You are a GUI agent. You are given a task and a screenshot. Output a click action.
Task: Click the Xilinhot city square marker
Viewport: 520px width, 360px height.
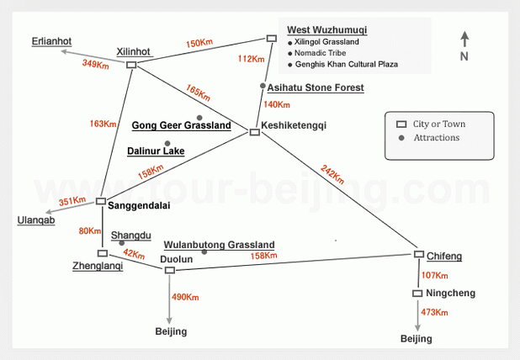click(131, 65)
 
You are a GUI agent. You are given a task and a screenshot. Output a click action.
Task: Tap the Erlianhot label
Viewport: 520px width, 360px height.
click(51, 41)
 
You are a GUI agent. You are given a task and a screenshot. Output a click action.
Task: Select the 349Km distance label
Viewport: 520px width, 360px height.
click(96, 64)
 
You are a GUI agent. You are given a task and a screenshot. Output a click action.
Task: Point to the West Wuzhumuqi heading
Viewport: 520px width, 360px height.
click(327, 29)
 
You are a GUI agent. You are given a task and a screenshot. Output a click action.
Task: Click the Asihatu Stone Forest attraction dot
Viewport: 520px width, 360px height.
click(263, 86)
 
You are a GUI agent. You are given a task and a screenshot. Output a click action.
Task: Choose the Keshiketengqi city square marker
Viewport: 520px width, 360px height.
click(255, 132)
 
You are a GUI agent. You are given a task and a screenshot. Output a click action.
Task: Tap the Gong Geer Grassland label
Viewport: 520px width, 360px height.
click(182, 125)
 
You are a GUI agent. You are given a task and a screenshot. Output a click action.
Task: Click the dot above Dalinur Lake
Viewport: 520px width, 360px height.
click(167, 144)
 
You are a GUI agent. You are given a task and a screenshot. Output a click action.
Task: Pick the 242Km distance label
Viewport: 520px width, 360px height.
click(332, 174)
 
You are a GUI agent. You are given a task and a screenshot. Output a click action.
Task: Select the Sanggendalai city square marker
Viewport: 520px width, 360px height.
click(101, 201)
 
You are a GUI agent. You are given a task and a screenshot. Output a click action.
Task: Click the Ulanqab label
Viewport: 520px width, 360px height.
click(36, 220)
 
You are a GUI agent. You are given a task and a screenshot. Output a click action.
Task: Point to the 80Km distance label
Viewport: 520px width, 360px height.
click(90, 230)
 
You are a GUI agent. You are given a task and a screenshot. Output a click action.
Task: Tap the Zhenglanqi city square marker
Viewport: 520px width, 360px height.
click(103, 253)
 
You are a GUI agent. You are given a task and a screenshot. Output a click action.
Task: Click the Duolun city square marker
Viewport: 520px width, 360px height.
click(170, 270)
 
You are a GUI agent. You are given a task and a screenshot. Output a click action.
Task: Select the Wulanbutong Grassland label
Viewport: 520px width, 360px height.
click(220, 245)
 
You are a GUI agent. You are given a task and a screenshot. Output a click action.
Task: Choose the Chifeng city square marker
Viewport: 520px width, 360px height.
click(419, 254)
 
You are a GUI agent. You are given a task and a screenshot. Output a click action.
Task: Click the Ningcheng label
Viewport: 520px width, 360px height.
click(451, 293)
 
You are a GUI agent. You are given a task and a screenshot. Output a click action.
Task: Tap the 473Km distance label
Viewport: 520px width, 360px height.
click(434, 312)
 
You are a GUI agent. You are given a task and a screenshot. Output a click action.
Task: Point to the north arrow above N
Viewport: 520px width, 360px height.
click(465, 39)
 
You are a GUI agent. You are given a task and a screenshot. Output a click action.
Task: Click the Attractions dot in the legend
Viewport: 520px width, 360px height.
click(401, 138)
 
